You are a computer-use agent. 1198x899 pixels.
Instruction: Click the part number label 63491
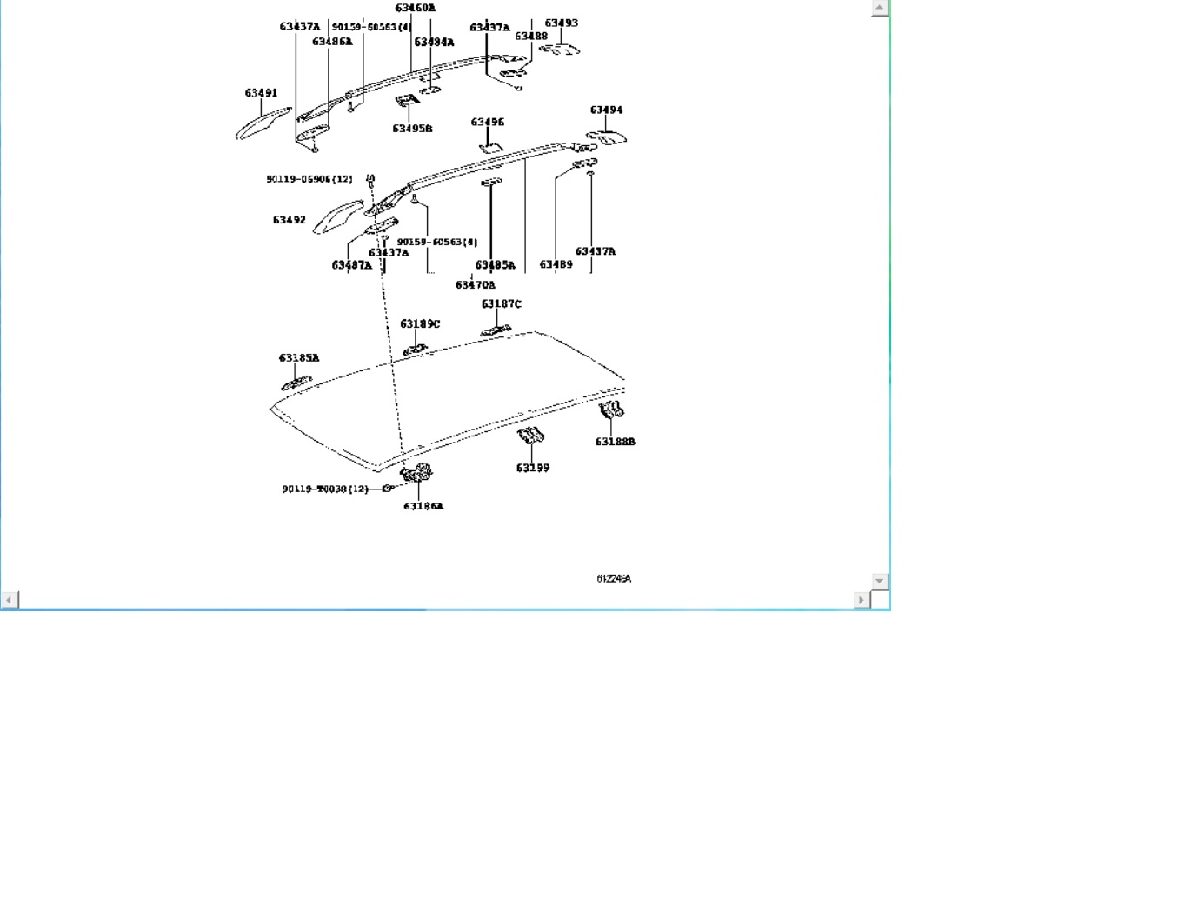click(x=261, y=93)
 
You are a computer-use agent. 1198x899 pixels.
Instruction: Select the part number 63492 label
click(x=289, y=220)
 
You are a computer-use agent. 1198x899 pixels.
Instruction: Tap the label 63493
click(x=561, y=23)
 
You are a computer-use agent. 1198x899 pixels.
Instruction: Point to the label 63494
click(x=606, y=110)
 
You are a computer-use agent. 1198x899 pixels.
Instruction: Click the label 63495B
click(x=412, y=129)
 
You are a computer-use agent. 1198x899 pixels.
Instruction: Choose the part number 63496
click(x=487, y=122)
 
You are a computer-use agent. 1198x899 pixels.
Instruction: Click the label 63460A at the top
click(x=415, y=8)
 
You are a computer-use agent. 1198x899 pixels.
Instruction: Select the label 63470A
click(x=475, y=284)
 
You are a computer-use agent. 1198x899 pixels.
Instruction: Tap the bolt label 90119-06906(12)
click(x=309, y=179)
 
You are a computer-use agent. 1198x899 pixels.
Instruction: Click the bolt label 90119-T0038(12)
click(x=325, y=489)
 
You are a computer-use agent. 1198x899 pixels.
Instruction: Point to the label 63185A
click(x=298, y=357)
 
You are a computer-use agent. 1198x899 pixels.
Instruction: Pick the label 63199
click(x=532, y=468)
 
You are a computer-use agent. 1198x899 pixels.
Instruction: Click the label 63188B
click(x=615, y=442)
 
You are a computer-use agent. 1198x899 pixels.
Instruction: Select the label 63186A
click(x=423, y=506)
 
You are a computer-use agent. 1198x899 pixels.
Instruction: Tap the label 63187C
click(x=501, y=303)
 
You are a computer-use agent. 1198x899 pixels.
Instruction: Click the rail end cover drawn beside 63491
click(x=261, y=123)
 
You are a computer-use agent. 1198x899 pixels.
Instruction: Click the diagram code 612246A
click(x=614, y=578)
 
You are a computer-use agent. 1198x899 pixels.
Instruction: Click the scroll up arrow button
click(x=879, y=8)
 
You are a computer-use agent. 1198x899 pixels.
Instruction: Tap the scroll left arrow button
click(x=10, y=599)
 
